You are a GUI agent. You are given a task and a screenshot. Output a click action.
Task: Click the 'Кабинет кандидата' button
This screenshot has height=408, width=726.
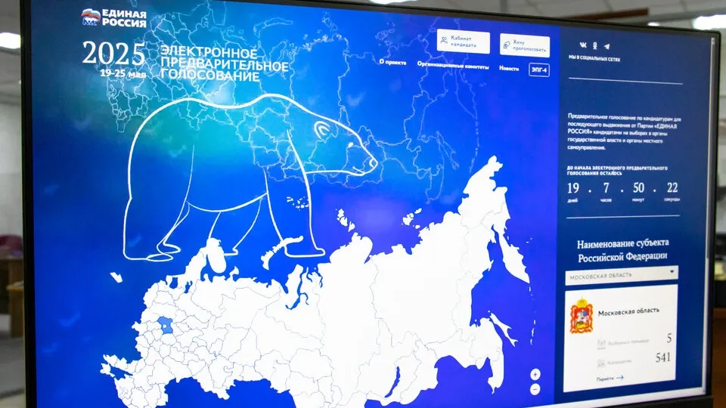click(x=463, y=42)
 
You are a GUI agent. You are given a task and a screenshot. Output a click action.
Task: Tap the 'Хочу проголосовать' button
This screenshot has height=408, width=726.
click(x=524, y=46)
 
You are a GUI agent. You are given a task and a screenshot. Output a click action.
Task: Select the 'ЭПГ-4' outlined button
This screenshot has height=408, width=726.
click(x=539, y=70)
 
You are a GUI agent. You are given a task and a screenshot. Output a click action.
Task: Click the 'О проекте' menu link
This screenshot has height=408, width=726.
click(x=393, y=63)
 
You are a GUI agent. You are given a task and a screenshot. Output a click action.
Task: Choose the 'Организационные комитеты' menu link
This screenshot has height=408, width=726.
click(x=452, y=65)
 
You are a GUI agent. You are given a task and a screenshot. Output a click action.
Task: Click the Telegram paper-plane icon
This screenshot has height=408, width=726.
click(x=607, y=46)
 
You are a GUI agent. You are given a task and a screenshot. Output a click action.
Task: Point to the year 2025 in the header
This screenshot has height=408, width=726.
click(x=113, y=54)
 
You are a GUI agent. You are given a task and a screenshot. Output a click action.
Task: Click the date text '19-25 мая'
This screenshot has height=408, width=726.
click(x=123, y=74)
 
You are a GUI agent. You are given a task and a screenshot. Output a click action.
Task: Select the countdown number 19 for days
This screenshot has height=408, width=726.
click(x=573, y=187)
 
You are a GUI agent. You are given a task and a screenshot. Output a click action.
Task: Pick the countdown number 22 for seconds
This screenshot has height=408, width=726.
click(x=672, y=187)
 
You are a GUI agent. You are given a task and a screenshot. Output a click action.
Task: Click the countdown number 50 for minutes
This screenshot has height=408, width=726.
click(x=638, y=187)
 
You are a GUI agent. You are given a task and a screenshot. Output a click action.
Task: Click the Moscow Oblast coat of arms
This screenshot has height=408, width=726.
click(x=582, y=316)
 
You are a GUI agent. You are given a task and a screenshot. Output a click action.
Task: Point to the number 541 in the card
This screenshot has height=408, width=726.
click(x=662, y=357)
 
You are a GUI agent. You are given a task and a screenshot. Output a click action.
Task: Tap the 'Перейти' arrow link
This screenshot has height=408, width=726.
click(x=610, y=379)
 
